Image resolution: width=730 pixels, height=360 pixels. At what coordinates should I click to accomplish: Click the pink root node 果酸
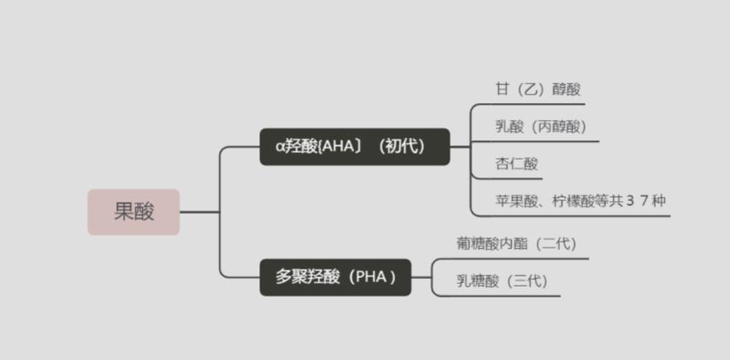click(133, 211)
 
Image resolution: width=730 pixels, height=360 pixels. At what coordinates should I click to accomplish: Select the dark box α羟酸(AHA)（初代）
click(354, 146)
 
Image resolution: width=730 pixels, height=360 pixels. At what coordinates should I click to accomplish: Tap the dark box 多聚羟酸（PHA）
click(335, 276)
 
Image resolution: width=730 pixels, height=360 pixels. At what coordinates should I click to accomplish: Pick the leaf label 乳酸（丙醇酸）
click(541, 127)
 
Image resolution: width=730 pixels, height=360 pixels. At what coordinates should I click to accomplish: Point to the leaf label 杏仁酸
click(516, 164)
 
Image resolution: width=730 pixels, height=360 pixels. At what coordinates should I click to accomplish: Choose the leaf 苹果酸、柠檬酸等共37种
click(585, 201)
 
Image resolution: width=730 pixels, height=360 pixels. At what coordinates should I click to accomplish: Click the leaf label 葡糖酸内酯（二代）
click(516, 243)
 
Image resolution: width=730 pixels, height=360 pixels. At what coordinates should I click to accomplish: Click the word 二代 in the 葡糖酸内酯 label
click(555, 243)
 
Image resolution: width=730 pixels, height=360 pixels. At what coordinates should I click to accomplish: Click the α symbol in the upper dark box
click(281, 147)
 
